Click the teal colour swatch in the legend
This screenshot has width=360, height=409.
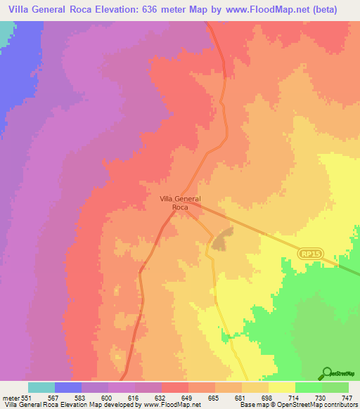[x=41, y=387]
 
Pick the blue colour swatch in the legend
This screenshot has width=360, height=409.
[x=68, y=387]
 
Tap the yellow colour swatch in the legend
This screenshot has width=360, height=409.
[x=281, y=387]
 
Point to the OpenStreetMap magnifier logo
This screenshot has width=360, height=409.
[x=326, y=373]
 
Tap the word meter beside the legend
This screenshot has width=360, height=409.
[x=11, y=398]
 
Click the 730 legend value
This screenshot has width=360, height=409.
[x=321, y=398]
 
